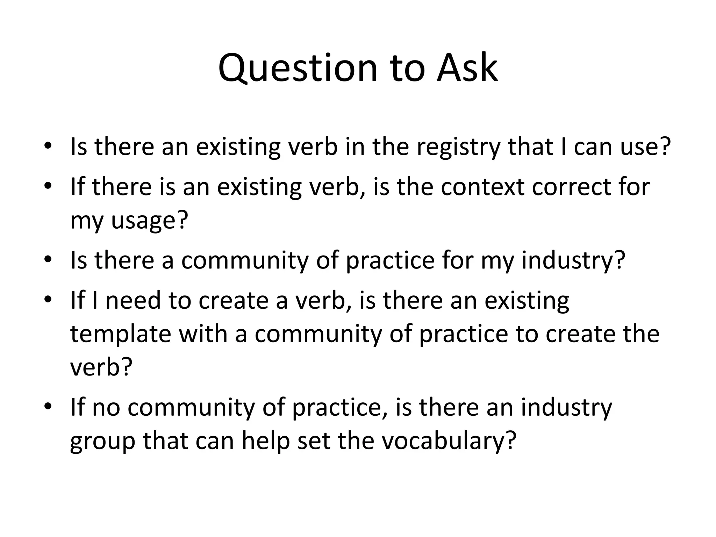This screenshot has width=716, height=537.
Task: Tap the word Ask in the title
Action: [467, 68]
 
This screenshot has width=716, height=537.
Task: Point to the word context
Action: [483, 187]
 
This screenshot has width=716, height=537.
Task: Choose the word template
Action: [121, 334]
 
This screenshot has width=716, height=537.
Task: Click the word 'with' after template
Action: [204, 334]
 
